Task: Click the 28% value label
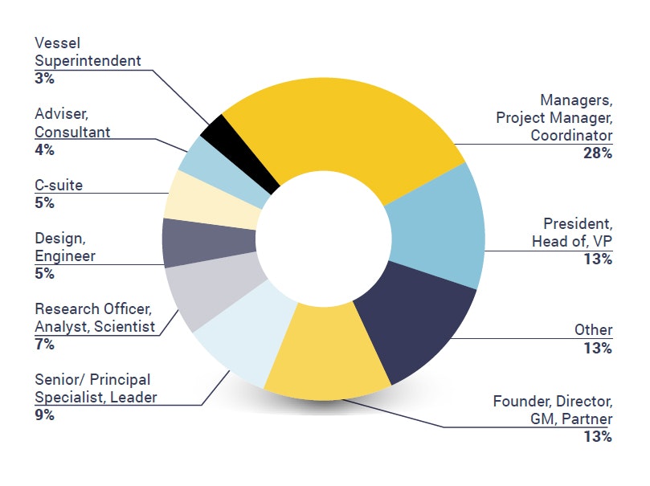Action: click(x=598, y=153)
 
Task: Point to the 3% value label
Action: click(x=44, y=79)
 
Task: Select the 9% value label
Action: click(x=44, y=415)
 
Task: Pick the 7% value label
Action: click(x=44, y=345)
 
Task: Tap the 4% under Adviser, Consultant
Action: click(x=44, y=149)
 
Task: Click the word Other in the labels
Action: click(x=593, y=330)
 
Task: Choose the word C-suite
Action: click(x=59, y=186)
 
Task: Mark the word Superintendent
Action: click(x=88, y=60)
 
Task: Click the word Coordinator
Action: click(x=571, y=135)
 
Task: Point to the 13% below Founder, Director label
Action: click(x=598, y=437)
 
